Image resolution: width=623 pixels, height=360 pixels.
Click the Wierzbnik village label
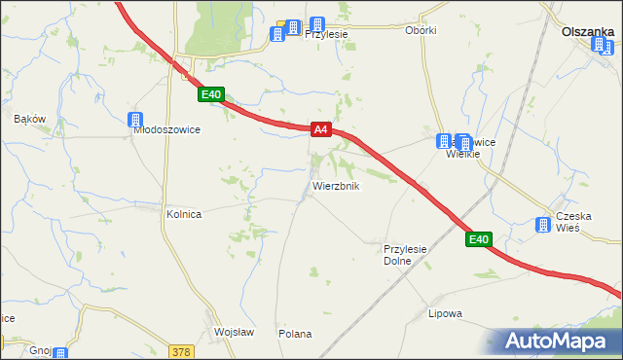tap(336, 186)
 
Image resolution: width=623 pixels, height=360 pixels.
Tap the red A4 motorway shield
tap(323, 129)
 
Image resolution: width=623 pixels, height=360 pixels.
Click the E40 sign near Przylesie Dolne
tap(478, 239)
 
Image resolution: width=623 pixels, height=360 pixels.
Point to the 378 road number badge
tap(181, 351)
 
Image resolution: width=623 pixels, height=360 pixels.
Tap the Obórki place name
tap(421, 30)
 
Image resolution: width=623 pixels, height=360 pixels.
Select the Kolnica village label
tap(183, 215)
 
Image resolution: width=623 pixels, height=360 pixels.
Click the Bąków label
tap(30, 119)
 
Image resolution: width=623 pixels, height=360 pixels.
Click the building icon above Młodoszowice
tap(136, 120)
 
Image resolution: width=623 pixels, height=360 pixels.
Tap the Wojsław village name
tap(234, 332)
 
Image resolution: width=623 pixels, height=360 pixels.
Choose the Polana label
tap(295, 334)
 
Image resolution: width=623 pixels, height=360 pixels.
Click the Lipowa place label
tap(445, 314)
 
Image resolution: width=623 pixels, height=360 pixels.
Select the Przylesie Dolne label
tap(405, 255)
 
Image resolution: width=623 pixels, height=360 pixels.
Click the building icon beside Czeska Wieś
tap(543, 226)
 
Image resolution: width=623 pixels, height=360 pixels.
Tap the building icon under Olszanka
tap(606, 48)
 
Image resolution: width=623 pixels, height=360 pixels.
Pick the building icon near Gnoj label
tap(60, 354)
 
